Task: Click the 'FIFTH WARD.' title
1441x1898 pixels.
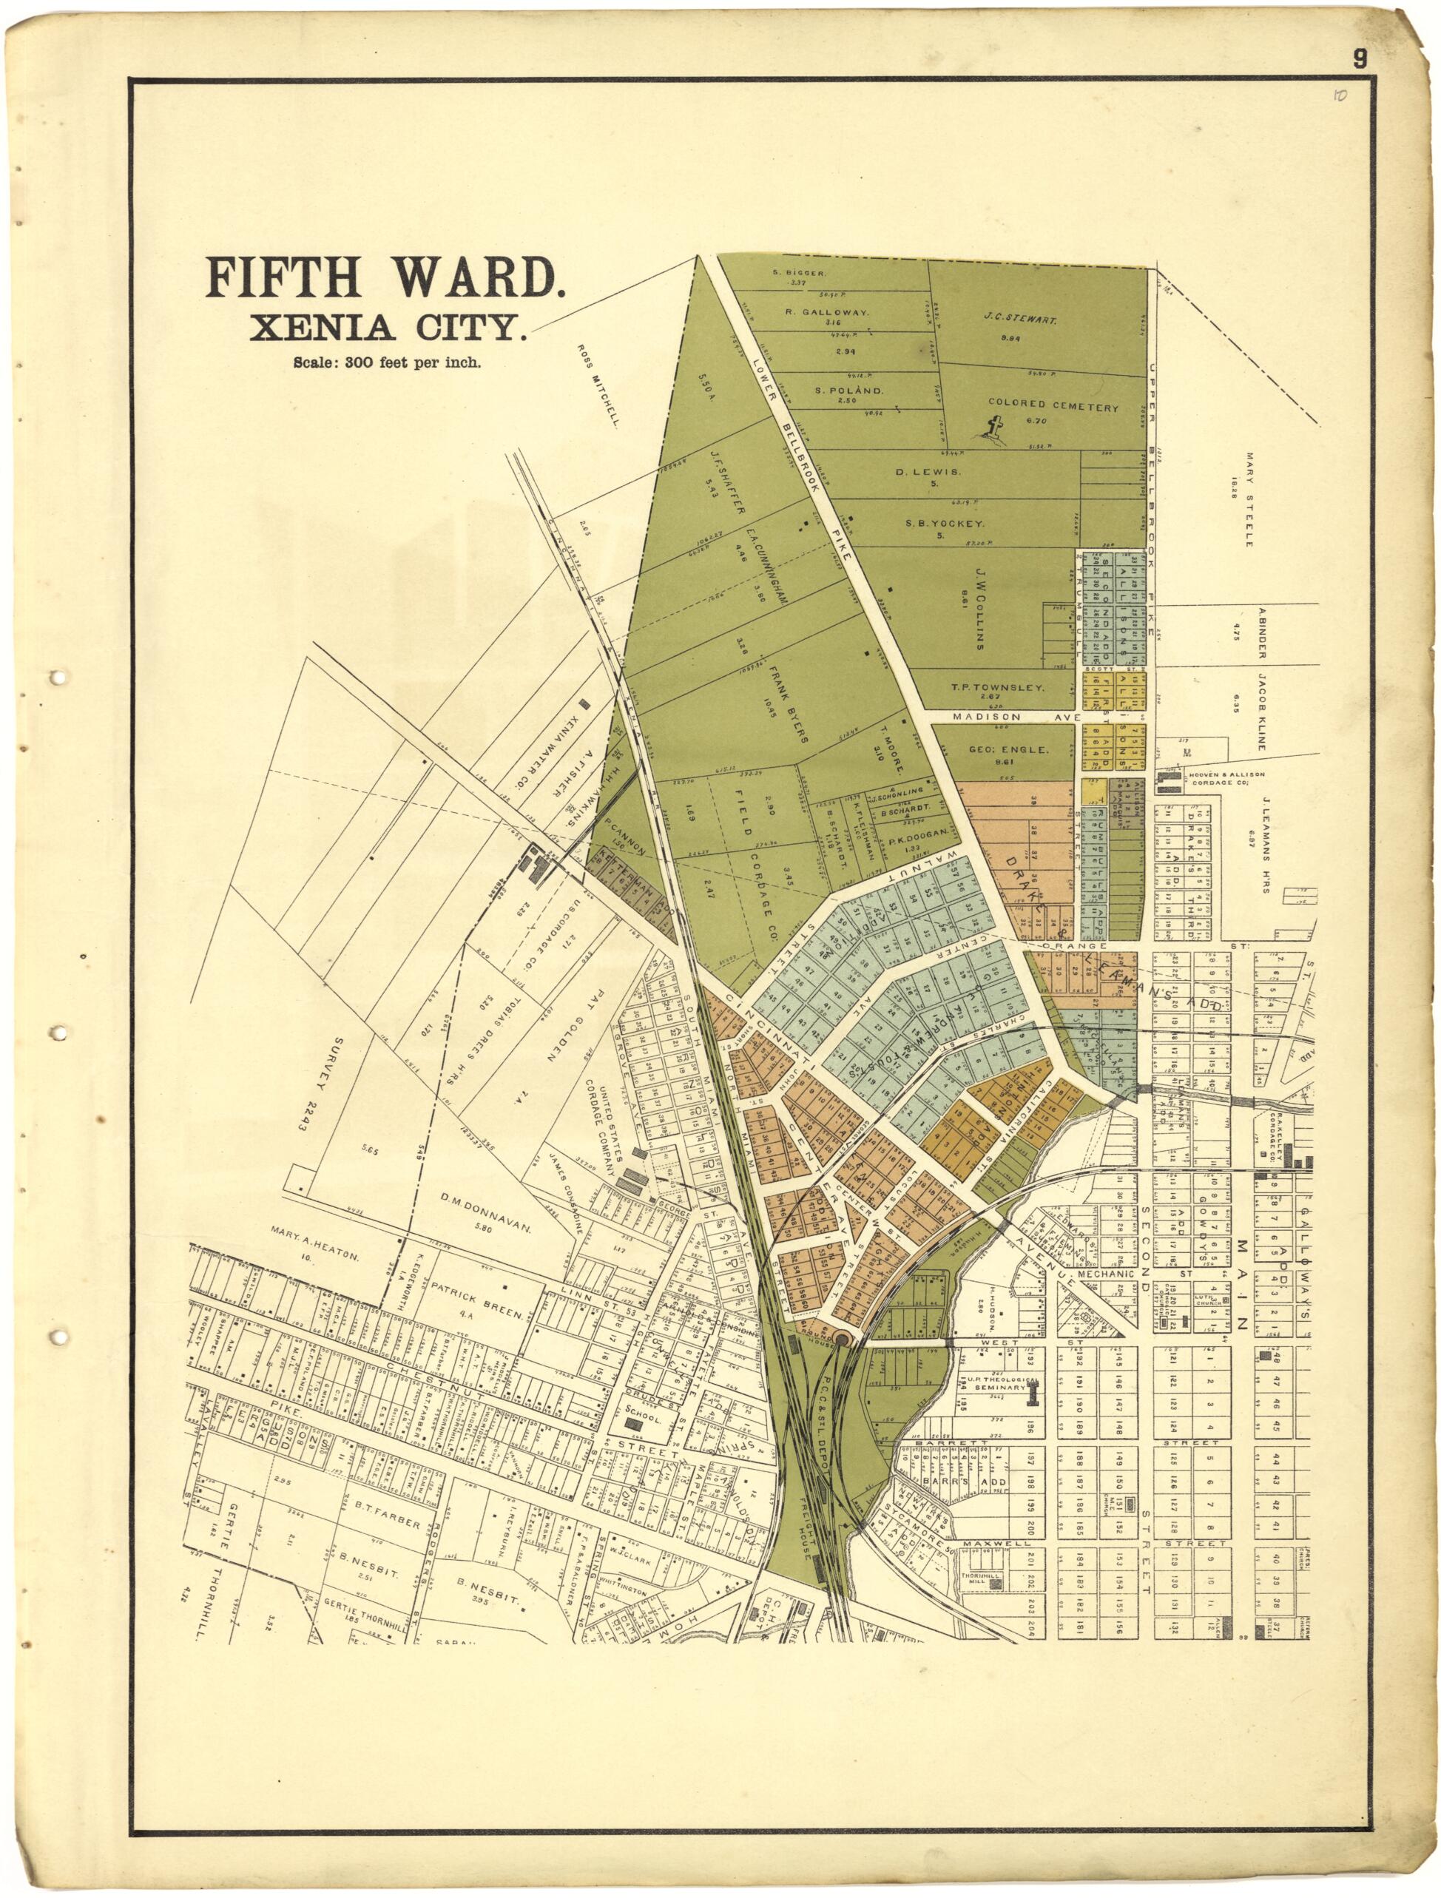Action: tap(384, 279)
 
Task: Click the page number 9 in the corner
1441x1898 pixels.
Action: tap(1360, 59)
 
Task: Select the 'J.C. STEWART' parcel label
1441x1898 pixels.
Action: tap(1019, 320)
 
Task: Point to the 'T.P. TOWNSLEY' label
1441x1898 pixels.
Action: tap(996, 688)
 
